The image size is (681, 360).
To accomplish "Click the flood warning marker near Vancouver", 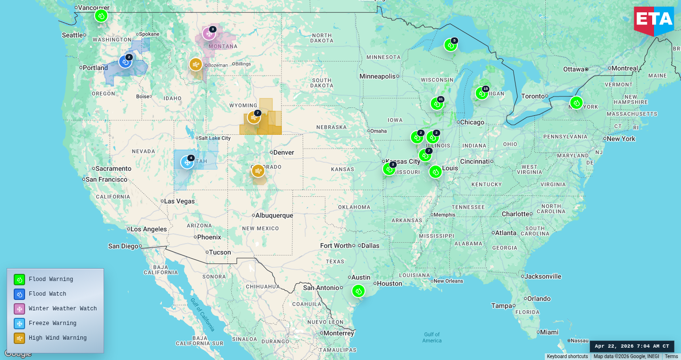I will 101,16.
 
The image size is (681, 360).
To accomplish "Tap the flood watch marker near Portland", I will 125,61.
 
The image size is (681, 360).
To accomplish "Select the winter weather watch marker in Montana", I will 209,34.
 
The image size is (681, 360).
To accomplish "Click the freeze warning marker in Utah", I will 187,162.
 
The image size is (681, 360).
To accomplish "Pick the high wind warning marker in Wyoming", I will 254,117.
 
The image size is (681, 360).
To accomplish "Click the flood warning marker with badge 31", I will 437,104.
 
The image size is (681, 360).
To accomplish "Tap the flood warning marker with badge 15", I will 481,93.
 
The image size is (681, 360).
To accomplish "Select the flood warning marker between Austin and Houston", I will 358,291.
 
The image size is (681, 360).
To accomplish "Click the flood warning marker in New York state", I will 576,103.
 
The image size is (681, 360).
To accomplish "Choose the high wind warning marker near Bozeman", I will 196,64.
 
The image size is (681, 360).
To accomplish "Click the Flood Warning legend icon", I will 19,280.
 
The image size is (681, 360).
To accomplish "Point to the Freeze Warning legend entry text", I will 52,324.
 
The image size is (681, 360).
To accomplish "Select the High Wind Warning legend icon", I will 19,338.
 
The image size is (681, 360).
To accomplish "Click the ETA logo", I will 654,20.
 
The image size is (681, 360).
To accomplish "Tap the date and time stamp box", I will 632,346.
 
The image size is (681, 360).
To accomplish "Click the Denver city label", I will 283,152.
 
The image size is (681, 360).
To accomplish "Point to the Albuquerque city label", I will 274,215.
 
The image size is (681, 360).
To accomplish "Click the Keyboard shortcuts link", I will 567,357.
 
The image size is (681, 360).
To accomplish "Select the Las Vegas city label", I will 179,201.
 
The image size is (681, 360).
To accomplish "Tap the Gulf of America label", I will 432,337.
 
